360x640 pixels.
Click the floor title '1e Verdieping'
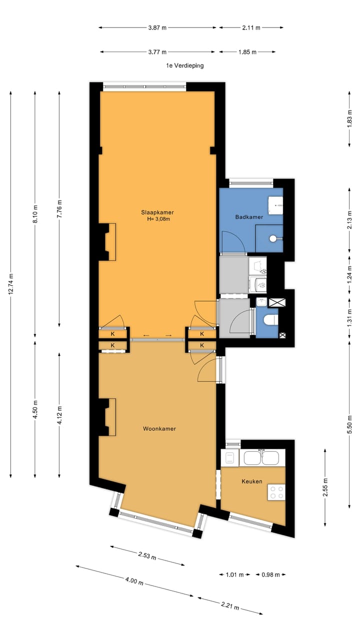pyautogui.click(x=185, y=65)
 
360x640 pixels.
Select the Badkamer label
pyautogui.click(x=249, y=217)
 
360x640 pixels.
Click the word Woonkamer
pyautogui.click(x=159, y=429)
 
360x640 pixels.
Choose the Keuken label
pyautogui.click(x=252, y=481)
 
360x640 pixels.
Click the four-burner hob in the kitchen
pyautogui.click(x=276, y=492)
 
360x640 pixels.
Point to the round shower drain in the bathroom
pyautogui.click(x=272, y=238)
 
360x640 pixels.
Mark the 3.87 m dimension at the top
pyautogui.click(x=157, y=27)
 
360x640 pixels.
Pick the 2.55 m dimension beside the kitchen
pyautogui.click(x=325, y=487)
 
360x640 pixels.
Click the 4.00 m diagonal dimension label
pyautogui.click(x=134, y=581)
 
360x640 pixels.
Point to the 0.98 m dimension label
pyautogui.click(x=268, y=575)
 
